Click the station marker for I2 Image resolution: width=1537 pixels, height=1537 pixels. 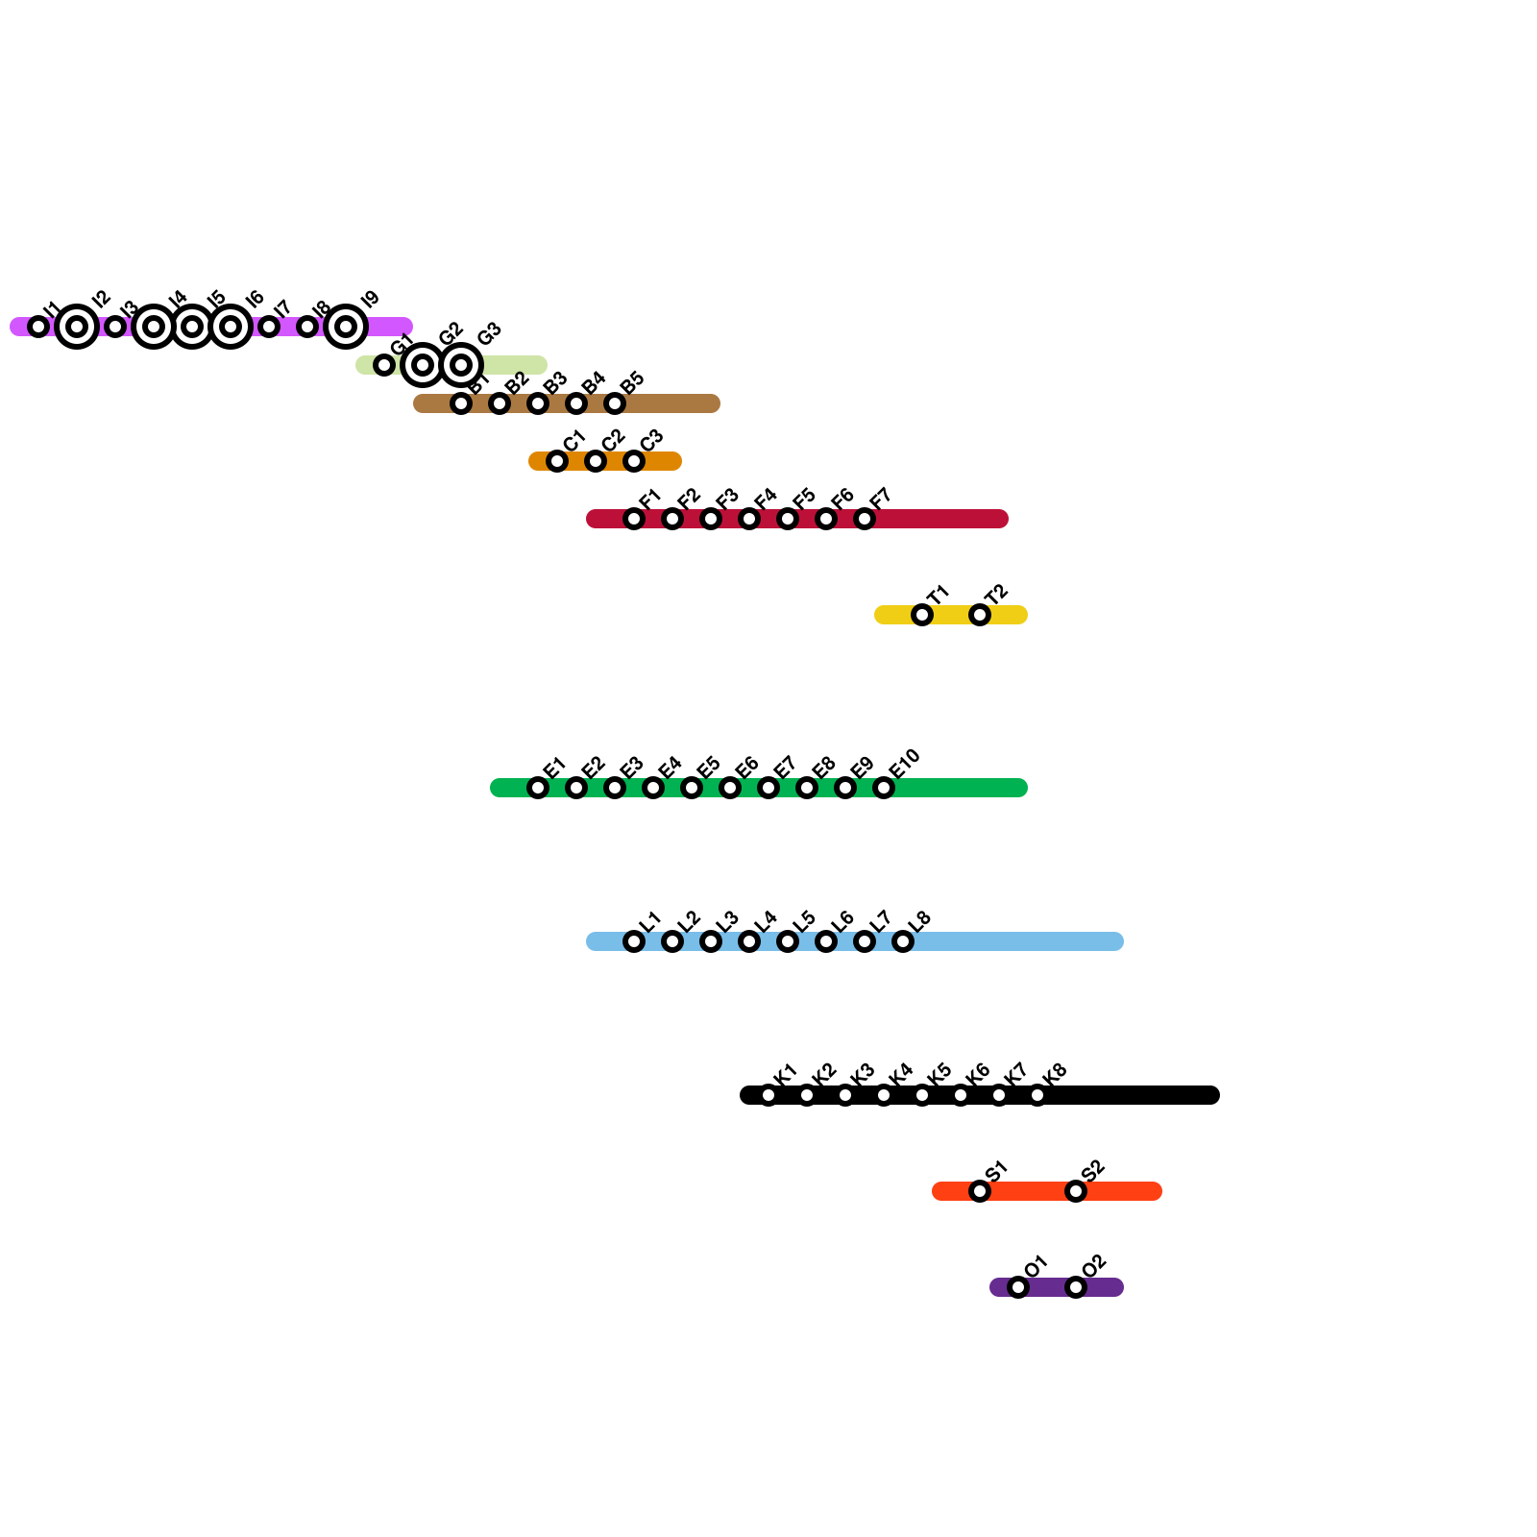coord(77,327)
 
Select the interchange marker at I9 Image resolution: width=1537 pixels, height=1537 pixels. coord(346,327)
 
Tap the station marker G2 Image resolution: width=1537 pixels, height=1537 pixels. coord(423,365)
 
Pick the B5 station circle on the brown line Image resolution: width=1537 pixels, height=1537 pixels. coord(615,403)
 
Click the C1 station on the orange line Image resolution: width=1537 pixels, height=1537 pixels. coord(557,461)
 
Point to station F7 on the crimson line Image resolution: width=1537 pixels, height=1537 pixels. coord(865,519)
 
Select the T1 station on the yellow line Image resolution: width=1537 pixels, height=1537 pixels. coord(922,615)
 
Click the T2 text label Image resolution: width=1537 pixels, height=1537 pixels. coord(996,594)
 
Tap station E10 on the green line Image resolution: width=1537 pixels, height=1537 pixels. coord(884,788)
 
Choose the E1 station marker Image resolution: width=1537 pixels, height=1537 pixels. coord(538,788)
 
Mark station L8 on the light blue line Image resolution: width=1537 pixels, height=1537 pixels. coord(903,941)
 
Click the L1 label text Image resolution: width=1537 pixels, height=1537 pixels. coord(650,920)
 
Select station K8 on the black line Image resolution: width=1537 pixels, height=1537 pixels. coord(1037,1095)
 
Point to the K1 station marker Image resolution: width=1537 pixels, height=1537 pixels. coord(768,1095)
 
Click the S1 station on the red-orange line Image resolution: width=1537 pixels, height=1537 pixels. coord(980,1191)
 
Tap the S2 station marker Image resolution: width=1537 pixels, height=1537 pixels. coord(1076,1191)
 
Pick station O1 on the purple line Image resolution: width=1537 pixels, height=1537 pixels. coord(1018,1287)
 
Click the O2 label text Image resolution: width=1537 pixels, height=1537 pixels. coord(1093,1266)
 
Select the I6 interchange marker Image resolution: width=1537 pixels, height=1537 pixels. coord(231,327)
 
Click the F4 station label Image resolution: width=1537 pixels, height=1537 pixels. coord(766,498)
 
